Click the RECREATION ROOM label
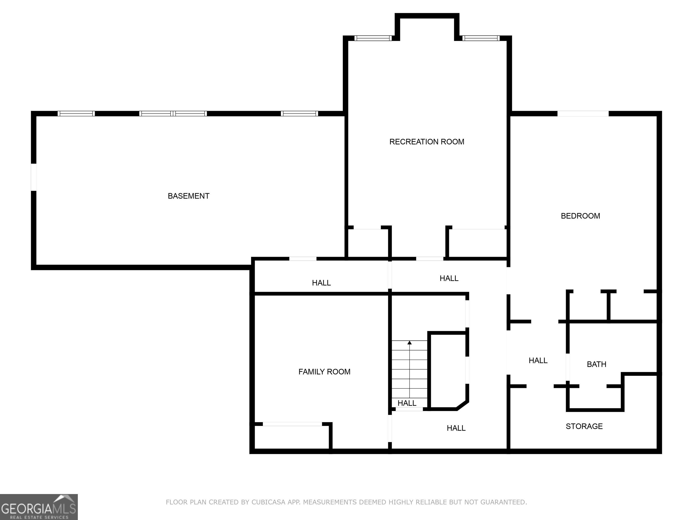[x=427, y=142]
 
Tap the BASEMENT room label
[x=188, y=196]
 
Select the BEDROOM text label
[x=580, y=216]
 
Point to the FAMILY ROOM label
[x=324, y=372]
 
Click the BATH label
[x=596, y=364]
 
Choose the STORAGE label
[x=584, y=426]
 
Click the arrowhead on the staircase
[x=409, y=343]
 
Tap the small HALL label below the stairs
[x=407, y=403]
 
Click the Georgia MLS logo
[x=39, y=507]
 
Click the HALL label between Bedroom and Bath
[x=538, y=360]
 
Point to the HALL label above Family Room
[x=321, y=283]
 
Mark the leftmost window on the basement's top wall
[x=76, y=114]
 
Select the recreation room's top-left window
[x=373, y=38]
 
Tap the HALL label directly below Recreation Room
[x=449, y=278]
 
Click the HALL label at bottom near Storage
[x=456, y=428]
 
